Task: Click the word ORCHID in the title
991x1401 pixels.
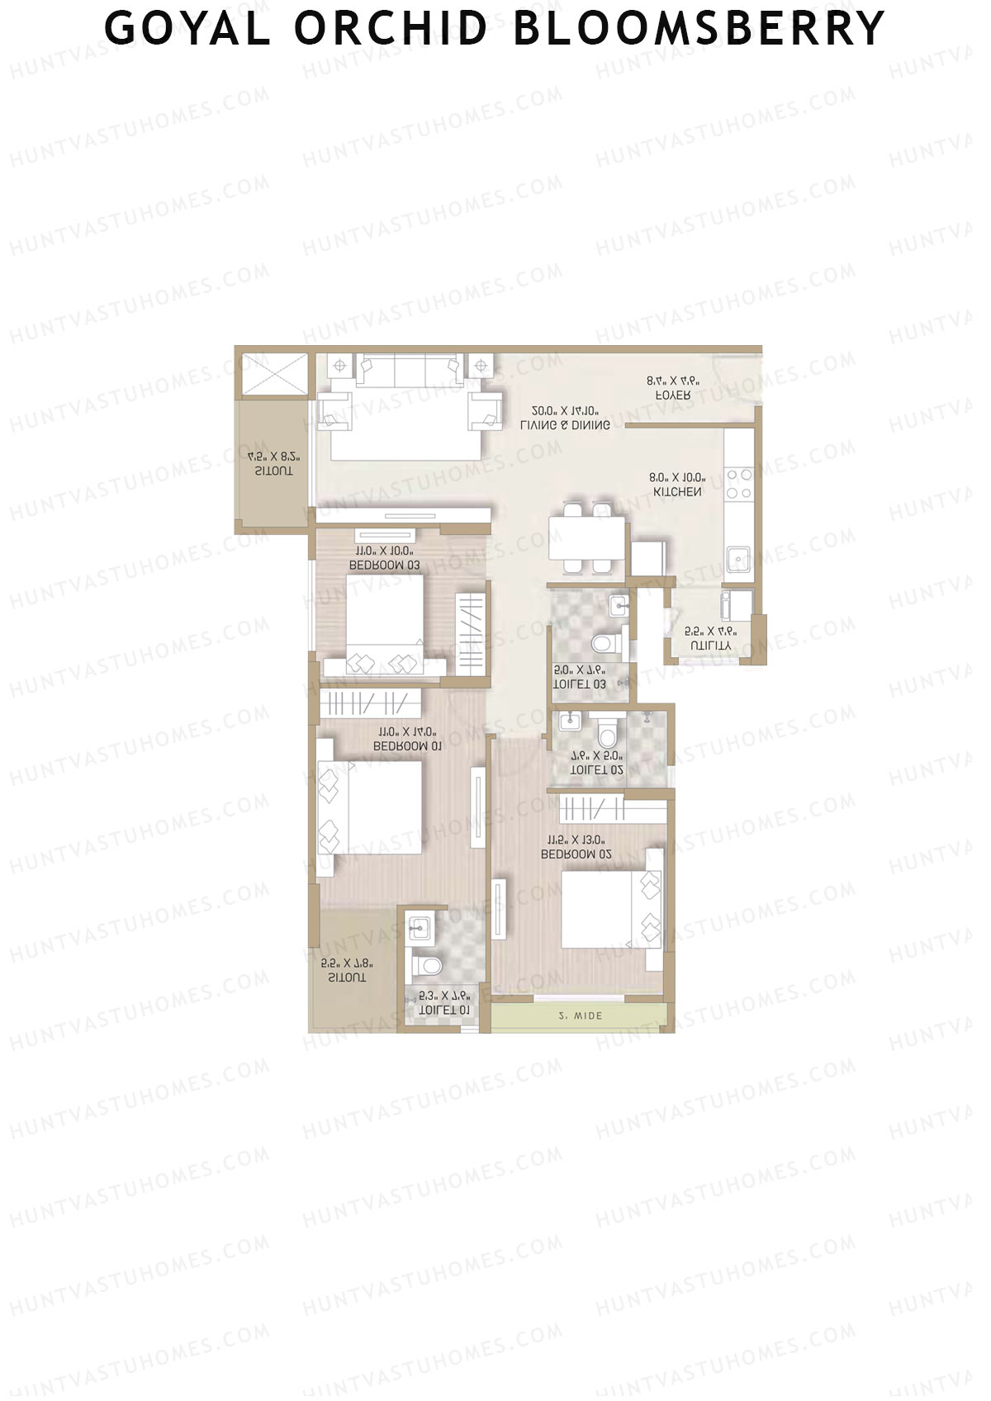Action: click(390, 28)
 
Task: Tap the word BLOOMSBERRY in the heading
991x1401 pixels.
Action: click(699, 28)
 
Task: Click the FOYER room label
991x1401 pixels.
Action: click(673, 395)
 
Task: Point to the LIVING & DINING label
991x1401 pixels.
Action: click(566, 425)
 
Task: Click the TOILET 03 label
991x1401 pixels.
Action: click(580, 684)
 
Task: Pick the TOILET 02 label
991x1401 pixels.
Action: click(597, 769)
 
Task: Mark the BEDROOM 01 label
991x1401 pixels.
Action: click(407, 745)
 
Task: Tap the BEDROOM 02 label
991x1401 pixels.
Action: click(576, 854)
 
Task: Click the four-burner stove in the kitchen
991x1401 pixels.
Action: click(738, 484)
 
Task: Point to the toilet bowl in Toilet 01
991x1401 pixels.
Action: click(426, 964)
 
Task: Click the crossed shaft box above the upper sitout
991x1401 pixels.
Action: click(273, 376)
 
